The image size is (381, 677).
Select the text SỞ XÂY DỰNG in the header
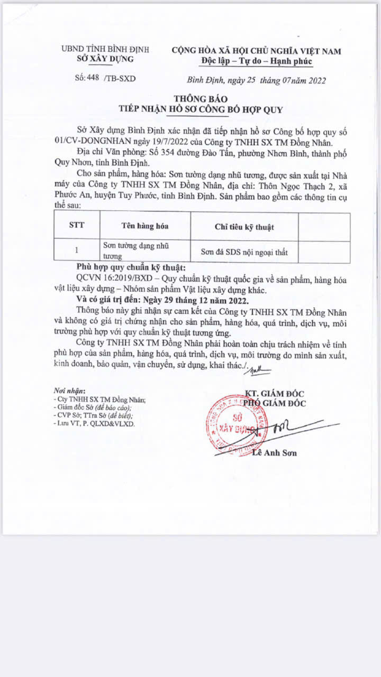pyautogui.click(x=105, y=59)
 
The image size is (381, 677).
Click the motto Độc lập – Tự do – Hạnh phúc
pyautogui.click(x=257, y=61)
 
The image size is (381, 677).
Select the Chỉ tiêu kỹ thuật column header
pyautogui.click(x=244, y=227)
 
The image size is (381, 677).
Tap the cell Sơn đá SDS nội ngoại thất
pyautogui.click(x=244, y=252)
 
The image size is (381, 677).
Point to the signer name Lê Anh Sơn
pyautogui.click(x=275, y=453)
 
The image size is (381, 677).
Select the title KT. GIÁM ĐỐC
pyautogui.click(x=275, y=393)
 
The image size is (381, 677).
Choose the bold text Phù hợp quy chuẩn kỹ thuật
pyautogui.click(x=131, y=267)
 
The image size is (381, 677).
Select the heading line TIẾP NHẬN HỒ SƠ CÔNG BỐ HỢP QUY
pyautogui.click(x=201, y=110)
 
